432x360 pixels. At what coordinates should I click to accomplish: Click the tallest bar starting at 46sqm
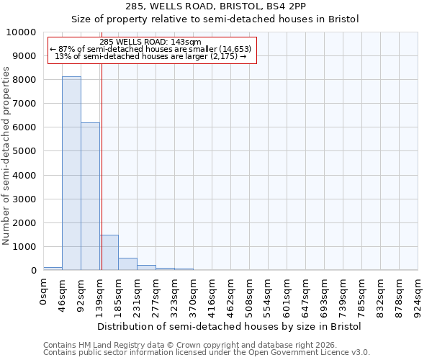pyautogui.click(x=71, y=174)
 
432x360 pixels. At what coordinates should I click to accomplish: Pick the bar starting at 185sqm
pyautogui.click(x=127, y=264)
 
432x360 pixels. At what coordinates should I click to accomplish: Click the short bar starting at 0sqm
pyautogui.click(x=53, y=269)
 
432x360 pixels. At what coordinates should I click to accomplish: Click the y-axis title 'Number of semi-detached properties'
pyautogui.click(x=6, y=156)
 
